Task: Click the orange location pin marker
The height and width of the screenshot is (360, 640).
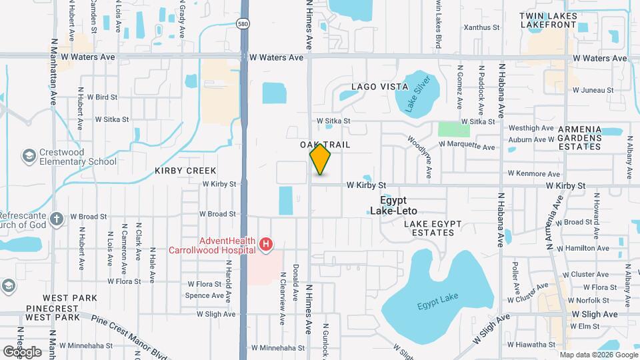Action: point(321,159)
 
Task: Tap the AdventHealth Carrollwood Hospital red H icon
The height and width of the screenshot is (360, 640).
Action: point(266,245)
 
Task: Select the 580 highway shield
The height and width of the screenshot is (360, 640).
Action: point(243,23)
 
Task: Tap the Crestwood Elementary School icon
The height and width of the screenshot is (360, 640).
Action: point(29,157)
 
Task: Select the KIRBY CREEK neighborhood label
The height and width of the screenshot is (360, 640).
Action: point(186,171)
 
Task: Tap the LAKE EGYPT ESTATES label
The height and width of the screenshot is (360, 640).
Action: point(429,227)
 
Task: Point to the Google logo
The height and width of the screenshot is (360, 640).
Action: point(22,351)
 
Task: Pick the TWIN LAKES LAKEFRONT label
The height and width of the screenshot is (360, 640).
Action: point(547,19)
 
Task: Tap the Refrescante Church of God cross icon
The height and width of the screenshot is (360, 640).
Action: point(57,218)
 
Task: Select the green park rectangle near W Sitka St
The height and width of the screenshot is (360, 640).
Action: point(453,129)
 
